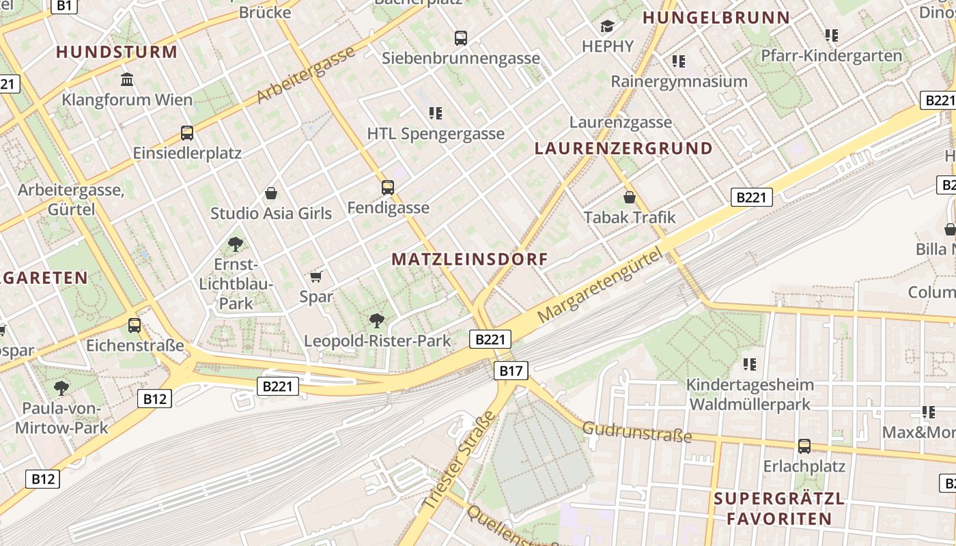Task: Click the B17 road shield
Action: [510, 371]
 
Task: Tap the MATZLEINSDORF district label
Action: [470, 259]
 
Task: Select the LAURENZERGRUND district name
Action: [623, 148]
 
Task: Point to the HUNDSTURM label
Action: [117, 52]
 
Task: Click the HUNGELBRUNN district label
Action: [716, 18]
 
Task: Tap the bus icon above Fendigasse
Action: [388, 187]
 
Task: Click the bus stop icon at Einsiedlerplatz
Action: [187, 132]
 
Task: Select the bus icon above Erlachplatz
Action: [804, 446]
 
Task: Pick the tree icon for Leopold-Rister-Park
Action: [376, 320]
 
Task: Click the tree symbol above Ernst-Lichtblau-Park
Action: [235, 244]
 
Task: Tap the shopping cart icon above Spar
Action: [315, 276]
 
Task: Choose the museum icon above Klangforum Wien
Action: [127, 80]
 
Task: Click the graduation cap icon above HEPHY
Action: [607, 27]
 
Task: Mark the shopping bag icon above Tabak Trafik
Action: [630, 197]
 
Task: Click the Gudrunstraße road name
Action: [637, 432]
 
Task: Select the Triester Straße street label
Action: [458, 461]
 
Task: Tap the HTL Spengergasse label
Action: [436, 134]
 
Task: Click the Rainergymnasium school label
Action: [679, 82]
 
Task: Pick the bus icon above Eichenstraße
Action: [135, 325]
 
